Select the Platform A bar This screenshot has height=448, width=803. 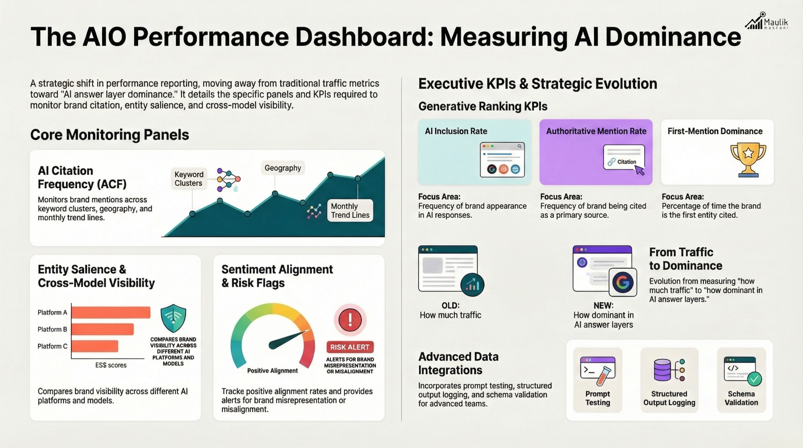click(x=111, y=312)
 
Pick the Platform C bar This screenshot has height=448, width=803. click(x=95, y=346)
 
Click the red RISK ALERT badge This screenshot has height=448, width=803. click(x=350, y=347)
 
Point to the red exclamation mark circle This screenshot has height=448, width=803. click(x=350, y=320)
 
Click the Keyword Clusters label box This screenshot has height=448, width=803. click(x=189, y=179)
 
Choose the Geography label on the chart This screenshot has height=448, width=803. click(x=283, y=168)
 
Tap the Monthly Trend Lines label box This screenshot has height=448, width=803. click(x=350, y=211)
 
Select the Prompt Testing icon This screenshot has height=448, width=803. click(x=598, y=371)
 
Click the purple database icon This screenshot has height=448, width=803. click(x=662, y=370)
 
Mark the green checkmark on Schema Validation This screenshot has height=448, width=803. click(x=754, y=379)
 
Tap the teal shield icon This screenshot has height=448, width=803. click(x=173, y=318)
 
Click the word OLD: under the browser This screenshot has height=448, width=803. click(x=450, y=305)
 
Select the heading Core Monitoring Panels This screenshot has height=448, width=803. click(x=109, y=135)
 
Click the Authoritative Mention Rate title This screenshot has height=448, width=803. click(x=596, y=131)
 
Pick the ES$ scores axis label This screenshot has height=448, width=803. click(x=111, y=365)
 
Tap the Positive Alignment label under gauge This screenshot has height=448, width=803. click(x=272, y=371)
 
